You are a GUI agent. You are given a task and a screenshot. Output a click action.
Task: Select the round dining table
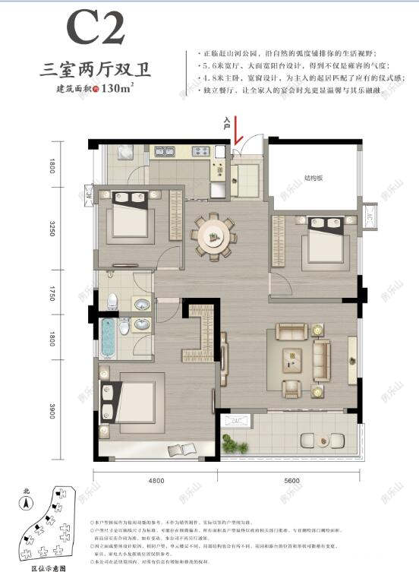tap(213, 235)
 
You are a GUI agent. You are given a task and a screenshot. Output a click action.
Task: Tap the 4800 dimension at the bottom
tap(156, 481)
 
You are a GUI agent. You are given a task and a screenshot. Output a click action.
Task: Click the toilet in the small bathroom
tap(112, 299)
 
